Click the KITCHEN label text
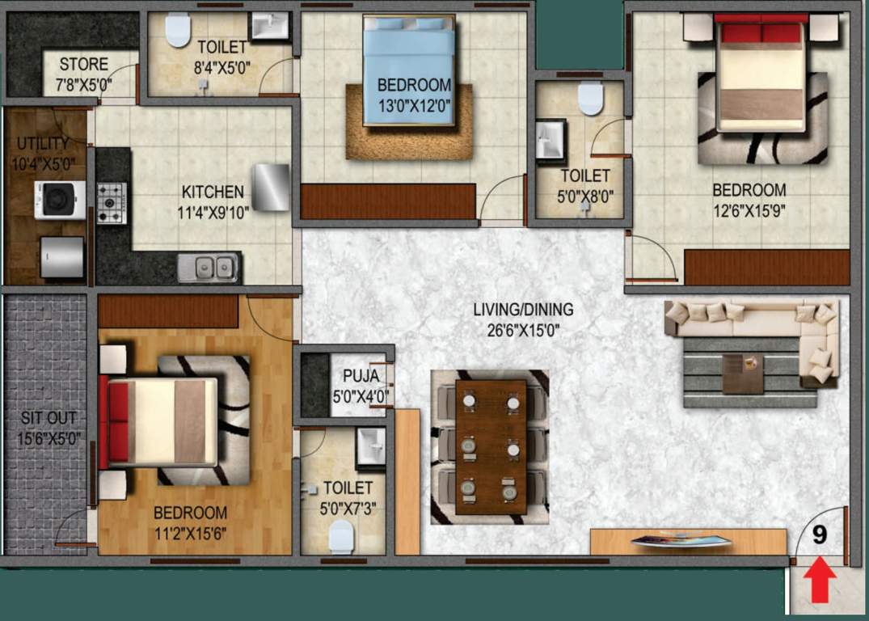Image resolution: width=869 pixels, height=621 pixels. point(213,192)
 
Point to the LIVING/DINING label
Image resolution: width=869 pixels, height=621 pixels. point(523,310)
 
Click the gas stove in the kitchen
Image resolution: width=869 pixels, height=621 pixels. point(112,202)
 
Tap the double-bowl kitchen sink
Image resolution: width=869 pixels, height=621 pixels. point(209,267)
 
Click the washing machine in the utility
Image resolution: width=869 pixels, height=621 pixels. point(59,200)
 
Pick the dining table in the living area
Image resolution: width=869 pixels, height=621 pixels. point(490,447)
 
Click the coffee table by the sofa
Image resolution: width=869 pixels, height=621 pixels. point(743,373)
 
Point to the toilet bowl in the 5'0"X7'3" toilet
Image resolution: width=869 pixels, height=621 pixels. point(342,536)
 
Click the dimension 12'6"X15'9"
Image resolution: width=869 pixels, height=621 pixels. point(749,212)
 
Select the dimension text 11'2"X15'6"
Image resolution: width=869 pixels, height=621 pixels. point(190,533)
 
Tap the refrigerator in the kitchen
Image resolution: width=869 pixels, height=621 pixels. point(270,188)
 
